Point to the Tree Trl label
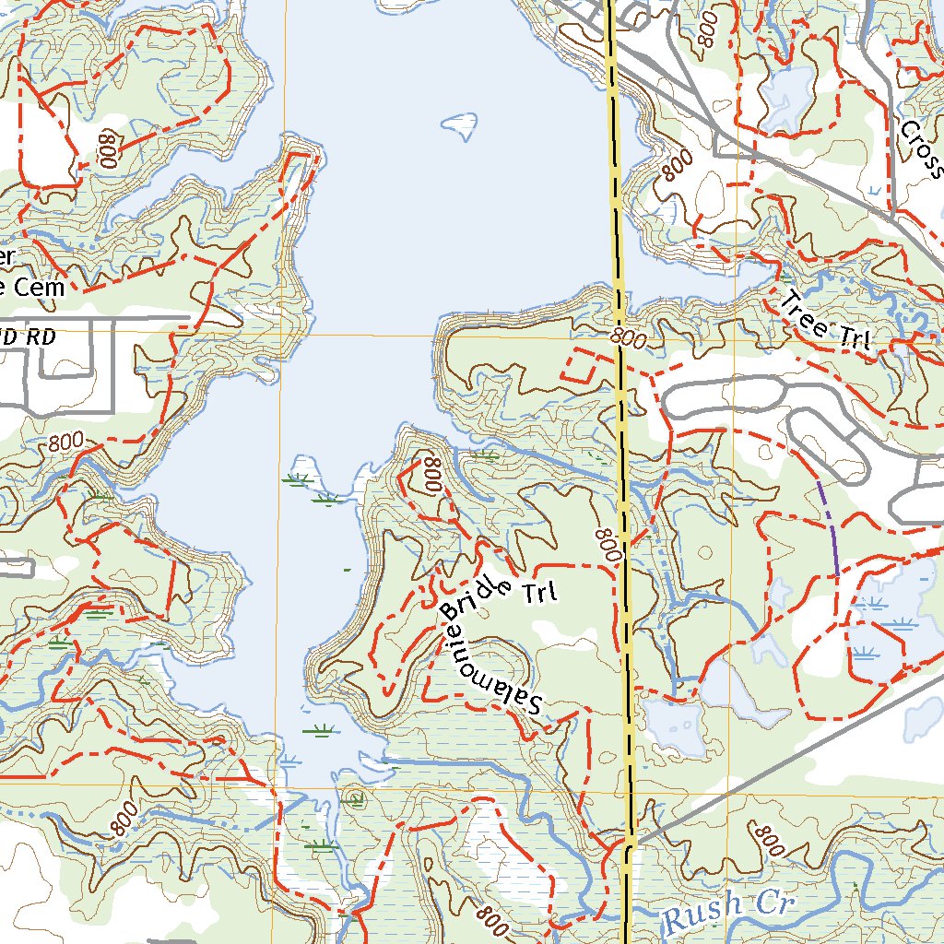click(827, 323)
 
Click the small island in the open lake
click(460, 122)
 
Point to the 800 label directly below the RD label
click(72, 443)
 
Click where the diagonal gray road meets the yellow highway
click(631, 841)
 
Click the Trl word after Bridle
click(540, 592)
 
